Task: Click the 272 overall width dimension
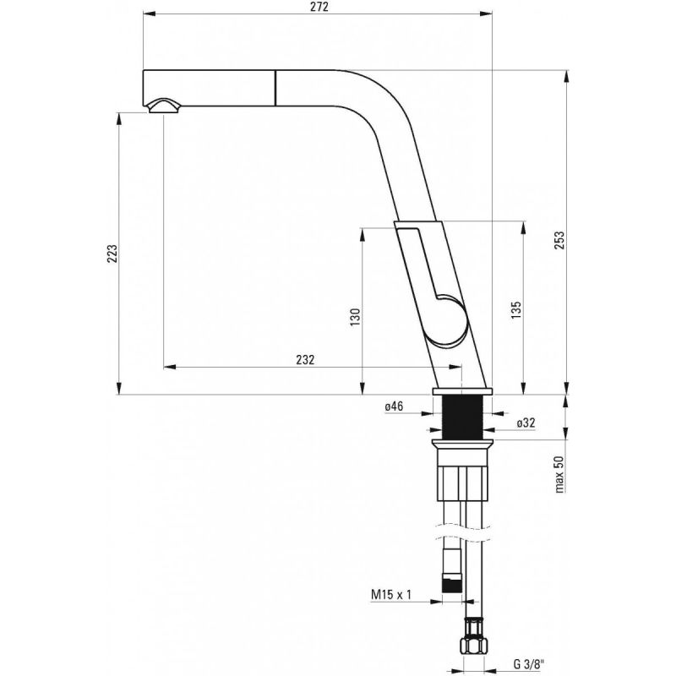[x=319, y=7]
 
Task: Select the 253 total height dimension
[x=559, y=240]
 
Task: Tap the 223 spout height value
[x=112, y=254]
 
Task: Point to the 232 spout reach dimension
[x=305, y=359]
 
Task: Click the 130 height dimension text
[x=355, y=317]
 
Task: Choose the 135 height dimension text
[x=516, y=310]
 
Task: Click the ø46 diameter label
[x=394, y=406]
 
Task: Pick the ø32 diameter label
[x=526, y=423]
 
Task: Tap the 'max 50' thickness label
[x=559, y=474]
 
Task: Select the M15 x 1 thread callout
[x=391, y=595]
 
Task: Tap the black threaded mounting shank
[x=461, y=417]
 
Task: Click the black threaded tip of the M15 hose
[x=452, y=585]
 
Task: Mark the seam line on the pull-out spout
[x=274, y=87]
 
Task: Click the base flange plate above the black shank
[x=461, y=391]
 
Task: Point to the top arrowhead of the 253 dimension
[x=566, y=75]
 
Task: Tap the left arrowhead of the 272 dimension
[x=149, y=14]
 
